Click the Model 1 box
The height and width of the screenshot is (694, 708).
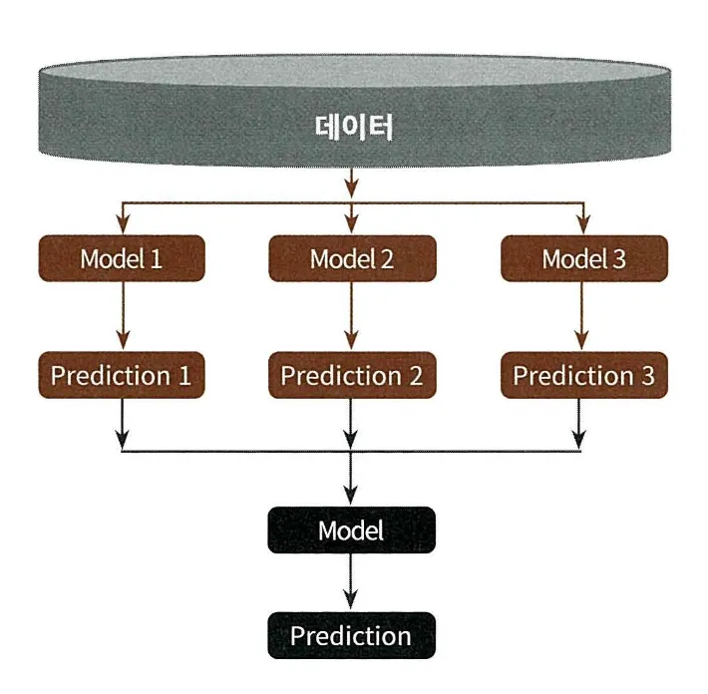coord(122,258)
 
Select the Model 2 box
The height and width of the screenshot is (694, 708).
coord(352,258)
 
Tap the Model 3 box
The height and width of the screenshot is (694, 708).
coord(584,258)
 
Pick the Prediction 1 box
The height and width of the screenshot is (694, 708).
coord(122,375)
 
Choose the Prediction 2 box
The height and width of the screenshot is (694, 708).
coord(352,375)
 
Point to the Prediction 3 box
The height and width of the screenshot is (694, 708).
coord(584,375)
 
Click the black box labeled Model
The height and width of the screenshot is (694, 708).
coord(351,530)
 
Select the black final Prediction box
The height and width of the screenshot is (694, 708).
coord(351,635)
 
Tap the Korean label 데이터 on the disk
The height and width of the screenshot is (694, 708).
coord(354,127)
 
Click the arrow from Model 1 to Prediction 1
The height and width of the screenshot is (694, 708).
coord(123,316)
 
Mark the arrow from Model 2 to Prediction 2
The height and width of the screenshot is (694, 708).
coord(351,316)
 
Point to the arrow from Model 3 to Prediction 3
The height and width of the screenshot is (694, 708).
coord(581,316)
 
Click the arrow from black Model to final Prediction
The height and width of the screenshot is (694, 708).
coord(351,581)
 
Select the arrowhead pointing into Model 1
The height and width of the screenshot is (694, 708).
coord(123,224)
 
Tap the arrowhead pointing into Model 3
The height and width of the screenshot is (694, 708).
coord(583,224)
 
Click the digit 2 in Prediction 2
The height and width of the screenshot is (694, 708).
coord(416,375)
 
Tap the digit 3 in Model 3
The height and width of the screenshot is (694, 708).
coord(619,259)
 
